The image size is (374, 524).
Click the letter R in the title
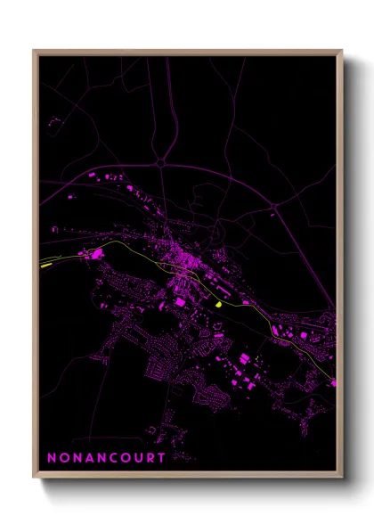click(152, 458)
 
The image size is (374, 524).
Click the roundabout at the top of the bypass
click(160, 163)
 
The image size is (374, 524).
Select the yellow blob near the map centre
click(217, 304)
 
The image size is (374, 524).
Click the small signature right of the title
click(184, 459)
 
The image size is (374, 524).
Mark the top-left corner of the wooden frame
click(34, 50)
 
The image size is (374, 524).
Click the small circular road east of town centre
click(214, 233)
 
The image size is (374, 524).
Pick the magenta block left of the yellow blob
click(179, 303)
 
